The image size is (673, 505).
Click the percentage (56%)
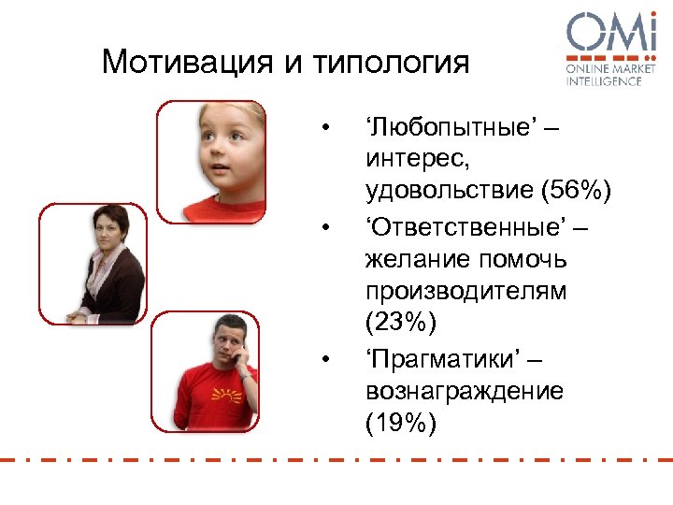pos(578,192)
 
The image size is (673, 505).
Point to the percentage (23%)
pos(401,323)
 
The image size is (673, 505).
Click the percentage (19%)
pos(401,422)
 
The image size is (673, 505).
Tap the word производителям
pos(465,291)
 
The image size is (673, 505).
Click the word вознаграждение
pos(465,389)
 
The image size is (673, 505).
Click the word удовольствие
pos(449,192)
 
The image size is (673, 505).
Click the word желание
pos(412,258)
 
